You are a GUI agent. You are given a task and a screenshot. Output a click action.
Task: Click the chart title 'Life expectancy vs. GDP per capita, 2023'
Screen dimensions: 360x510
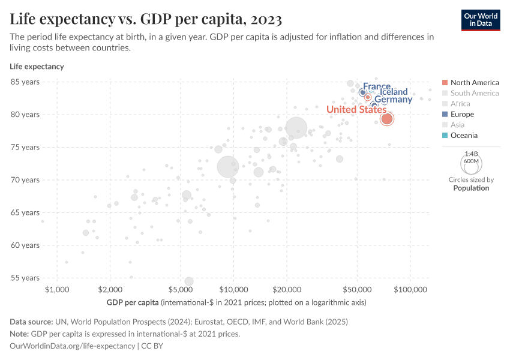(146, 19)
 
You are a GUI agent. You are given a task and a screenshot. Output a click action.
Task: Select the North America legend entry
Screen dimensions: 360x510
(474, 82)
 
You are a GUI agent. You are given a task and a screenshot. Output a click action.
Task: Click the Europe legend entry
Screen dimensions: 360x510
(462, 114)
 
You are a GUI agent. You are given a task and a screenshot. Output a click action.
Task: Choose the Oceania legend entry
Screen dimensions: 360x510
(464, 136)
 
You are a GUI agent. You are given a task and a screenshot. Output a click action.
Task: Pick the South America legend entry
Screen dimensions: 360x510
(474, 93)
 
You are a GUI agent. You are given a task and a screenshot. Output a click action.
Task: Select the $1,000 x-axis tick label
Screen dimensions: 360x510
(57, 290)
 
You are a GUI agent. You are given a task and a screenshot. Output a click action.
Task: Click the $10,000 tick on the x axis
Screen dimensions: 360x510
(233, 290)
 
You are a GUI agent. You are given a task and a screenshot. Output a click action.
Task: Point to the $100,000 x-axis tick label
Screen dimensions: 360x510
(410, 290)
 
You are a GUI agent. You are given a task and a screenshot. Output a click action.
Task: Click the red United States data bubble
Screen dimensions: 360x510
(387, 119)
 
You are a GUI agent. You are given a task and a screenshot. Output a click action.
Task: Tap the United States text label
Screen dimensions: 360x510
(356, 109)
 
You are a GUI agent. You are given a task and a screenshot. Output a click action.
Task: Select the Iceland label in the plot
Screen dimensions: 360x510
(394, 92)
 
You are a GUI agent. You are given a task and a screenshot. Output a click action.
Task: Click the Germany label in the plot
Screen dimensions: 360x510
(393, 100)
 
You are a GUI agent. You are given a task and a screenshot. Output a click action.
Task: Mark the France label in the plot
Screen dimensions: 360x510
(377, 87)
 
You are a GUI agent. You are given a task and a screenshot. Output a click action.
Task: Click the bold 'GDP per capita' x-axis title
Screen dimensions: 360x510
(132, 302)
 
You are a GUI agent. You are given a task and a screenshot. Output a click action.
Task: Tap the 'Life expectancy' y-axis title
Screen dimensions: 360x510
(37, 67)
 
